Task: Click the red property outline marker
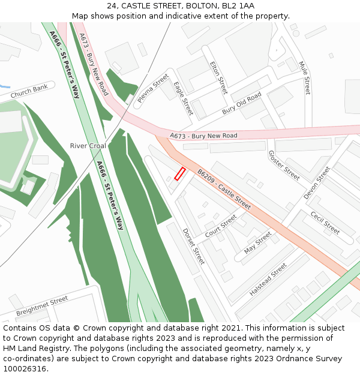point(179,174)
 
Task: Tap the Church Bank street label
point(29,92)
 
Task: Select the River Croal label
point(88,146)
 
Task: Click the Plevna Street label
point(153,89)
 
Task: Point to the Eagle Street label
point(183,98)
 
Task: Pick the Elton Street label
point(219,77)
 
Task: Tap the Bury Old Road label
point(242,103)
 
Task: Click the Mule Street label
point(305,77)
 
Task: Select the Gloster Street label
point(284,166)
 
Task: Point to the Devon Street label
point(317,183)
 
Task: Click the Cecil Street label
point(325,223)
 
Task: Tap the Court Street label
point(221,226)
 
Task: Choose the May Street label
point(258,242)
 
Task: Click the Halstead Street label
point(268,282)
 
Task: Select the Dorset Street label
point(193,246)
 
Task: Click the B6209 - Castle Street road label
point(224,189)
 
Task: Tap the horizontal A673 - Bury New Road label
point(203,136)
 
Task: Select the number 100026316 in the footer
point(24,368)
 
